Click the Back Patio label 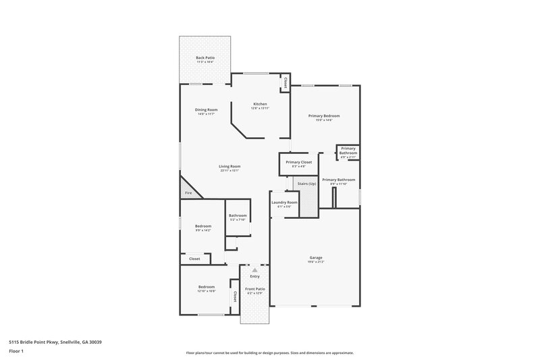[206, 59]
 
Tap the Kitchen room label [260, 104]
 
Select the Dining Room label [207, 109]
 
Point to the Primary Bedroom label [324, 116]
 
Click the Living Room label [230, 166]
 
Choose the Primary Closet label [298, 162]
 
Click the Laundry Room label [284, 203]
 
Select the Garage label [316, 257]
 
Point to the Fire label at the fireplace [188, 194]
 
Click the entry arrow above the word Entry [254, 269]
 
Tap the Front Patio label [254, 288]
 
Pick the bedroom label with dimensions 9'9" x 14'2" [203, 226]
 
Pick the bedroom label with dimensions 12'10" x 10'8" [206, 287]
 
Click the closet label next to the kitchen [286, 82]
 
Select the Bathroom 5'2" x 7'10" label [238, 215]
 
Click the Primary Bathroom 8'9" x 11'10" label [338, 180]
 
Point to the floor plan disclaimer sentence [270, 353]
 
